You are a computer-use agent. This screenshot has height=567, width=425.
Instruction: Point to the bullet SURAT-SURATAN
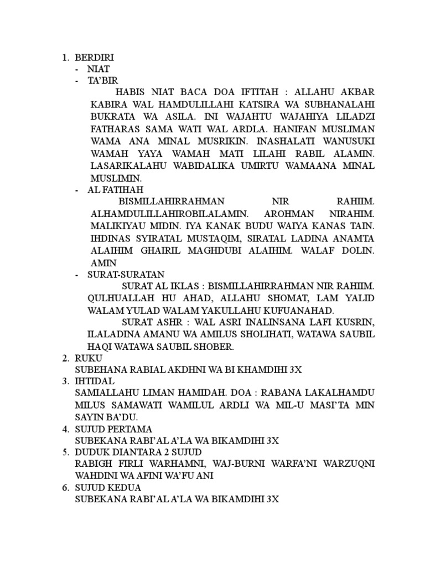[x=126, y=275]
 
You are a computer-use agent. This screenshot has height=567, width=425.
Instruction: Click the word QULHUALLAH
[x=119, y=299]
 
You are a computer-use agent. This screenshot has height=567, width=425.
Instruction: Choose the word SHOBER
[x=215, y=347]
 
